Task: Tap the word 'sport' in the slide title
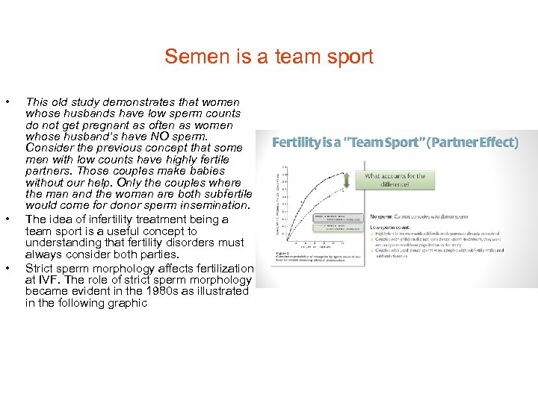[347, 57]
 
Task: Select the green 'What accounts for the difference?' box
[395, 181]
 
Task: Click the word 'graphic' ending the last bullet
[125, 303]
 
